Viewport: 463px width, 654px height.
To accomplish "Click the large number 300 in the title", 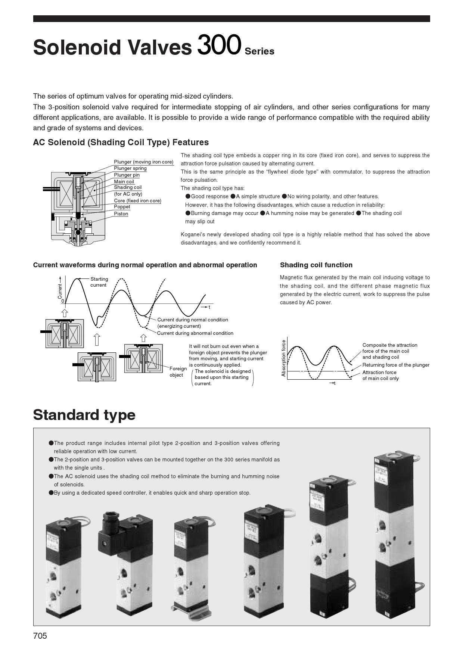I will coord(219,45).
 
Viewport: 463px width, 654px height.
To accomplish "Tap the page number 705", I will coord(40,636).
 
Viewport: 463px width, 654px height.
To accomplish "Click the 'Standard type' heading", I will coord(84,415).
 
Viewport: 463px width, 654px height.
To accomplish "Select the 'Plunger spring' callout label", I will coord(130,168).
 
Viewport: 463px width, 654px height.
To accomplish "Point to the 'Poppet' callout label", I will coord(122,207).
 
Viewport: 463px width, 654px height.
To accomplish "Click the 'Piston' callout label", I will coord(121,214).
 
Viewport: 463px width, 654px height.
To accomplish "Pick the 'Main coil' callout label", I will coord(124,181).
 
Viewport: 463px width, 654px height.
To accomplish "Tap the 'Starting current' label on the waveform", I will coord(99,282).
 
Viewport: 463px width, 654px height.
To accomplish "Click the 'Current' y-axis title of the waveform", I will coord(60,291).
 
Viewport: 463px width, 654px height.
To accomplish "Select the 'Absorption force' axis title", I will coord(284,358).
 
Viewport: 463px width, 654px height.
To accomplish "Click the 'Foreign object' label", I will coord(178,372).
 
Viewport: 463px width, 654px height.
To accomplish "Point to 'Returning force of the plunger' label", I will coord(395,365).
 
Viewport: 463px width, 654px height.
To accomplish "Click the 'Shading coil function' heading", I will coord(316,265).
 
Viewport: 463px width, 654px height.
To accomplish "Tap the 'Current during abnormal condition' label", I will coord(195,333).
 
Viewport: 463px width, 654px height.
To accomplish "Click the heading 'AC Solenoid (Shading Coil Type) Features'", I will coord(121,142).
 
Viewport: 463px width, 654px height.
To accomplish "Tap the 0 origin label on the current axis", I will coord(63,301).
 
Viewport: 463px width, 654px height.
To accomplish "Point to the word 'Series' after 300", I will coord(259,52).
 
